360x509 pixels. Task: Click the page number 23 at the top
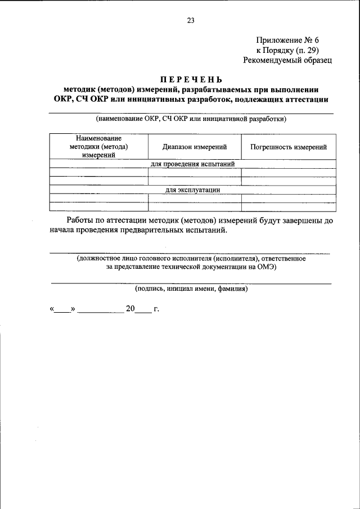(190, 21)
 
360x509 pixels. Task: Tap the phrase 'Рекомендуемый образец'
(287, 60)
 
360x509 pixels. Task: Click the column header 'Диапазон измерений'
(195, 147)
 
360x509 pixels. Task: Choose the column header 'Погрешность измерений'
(289, 147)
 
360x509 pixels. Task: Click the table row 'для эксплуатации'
(192, 190)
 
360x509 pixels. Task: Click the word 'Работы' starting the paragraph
(80, 221)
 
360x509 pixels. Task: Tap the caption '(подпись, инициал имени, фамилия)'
(191, 289)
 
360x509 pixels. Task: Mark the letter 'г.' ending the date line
(156, 309)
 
